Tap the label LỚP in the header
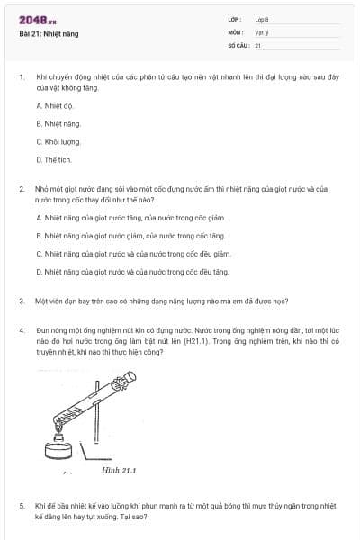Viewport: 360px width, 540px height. [235, 18]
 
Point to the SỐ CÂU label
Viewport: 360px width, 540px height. [238, 44]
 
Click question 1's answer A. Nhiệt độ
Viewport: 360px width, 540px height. [56, 106]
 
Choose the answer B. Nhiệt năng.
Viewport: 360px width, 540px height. [58, 123]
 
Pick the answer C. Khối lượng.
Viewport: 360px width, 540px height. [59, 141]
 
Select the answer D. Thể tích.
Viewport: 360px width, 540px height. [54, 159]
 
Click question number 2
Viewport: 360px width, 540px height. [21, 190]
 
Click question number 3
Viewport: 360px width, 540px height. [21, 301]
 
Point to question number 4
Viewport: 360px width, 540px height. [21, 331]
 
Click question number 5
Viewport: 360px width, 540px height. [21, 506]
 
